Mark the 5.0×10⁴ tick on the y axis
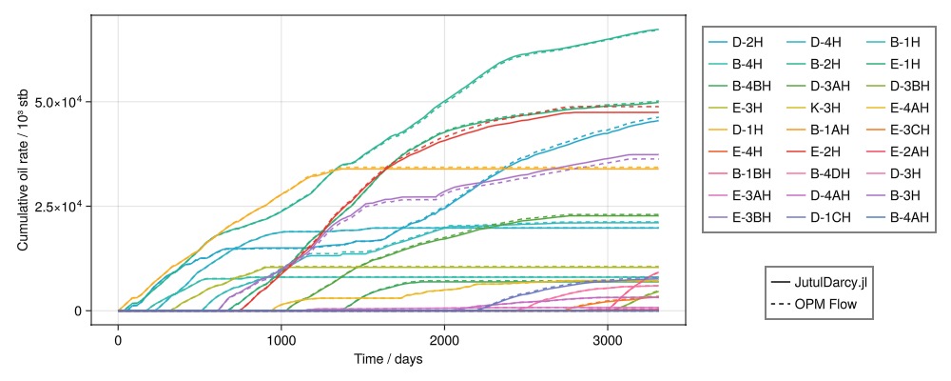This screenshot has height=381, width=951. tap(59, 102)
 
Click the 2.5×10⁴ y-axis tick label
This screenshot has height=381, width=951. tap(59, 206)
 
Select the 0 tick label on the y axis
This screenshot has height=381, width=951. tap(78, 311)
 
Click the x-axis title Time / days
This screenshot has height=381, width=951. tap(388, 359)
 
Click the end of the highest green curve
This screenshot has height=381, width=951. tap(658, 30)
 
